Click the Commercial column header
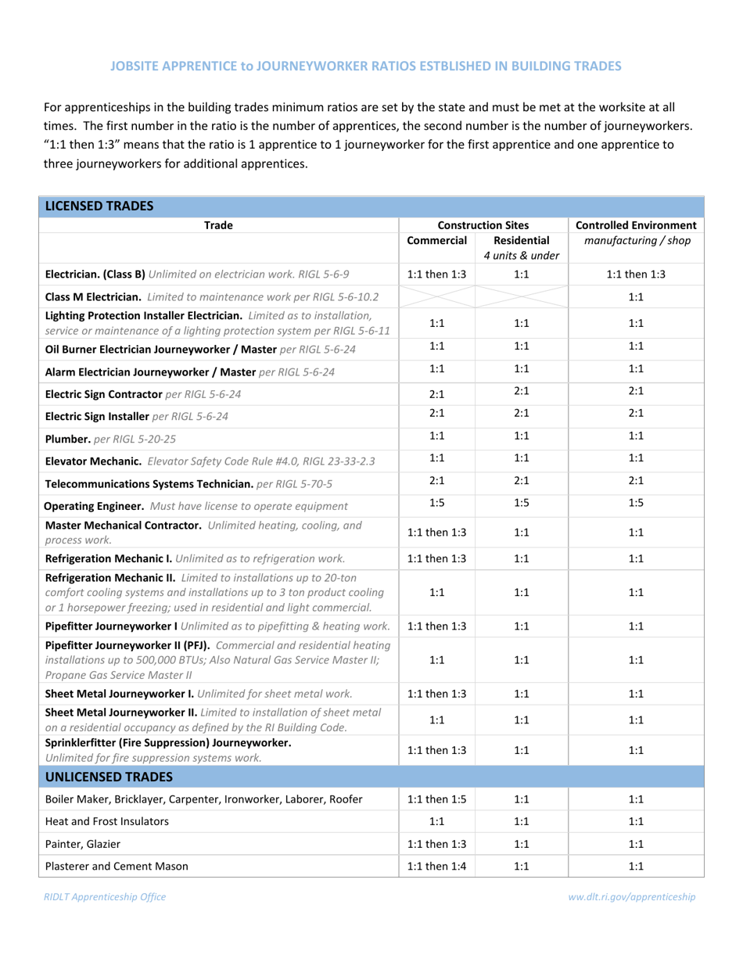click(x=437, y=241)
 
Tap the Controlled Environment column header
click(x=636, y=225)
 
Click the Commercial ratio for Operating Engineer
click(x=437, y=504)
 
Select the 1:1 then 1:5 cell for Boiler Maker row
click(x=437, y=799)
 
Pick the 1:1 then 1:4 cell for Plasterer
click(x=437, y=866)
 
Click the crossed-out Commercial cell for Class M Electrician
click(x=437, y=297)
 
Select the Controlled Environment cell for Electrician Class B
click(x=636, y=275)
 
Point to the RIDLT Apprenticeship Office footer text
click(x=104, y=897)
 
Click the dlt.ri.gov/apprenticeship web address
click(x=632, y=897)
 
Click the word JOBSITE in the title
click(x=136, y=66)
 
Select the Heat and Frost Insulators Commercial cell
click(x=437, y=821)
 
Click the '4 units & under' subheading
click(x=522, y=256)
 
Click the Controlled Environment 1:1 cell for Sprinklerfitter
click(x=636, y=749)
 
